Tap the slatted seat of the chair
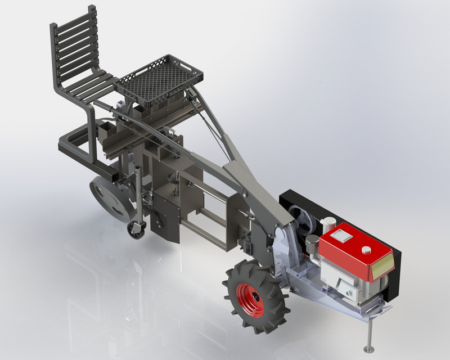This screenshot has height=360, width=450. click(93, 87)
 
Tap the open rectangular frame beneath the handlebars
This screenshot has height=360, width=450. click(217, 228)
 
